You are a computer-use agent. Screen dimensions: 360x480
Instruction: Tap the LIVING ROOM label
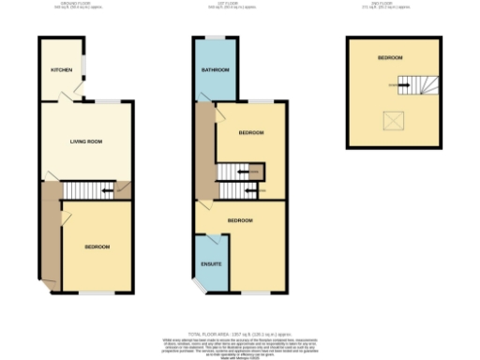[85, 142]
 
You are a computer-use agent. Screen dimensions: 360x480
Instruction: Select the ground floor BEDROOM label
[97, 247]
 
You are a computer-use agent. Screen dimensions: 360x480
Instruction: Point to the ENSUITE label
[212, 264]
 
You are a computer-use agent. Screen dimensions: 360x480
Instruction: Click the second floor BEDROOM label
[390, 58]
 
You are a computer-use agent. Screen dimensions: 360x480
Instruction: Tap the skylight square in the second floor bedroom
[387, 120]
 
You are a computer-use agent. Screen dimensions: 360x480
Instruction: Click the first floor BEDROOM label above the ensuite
[239, 220]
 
